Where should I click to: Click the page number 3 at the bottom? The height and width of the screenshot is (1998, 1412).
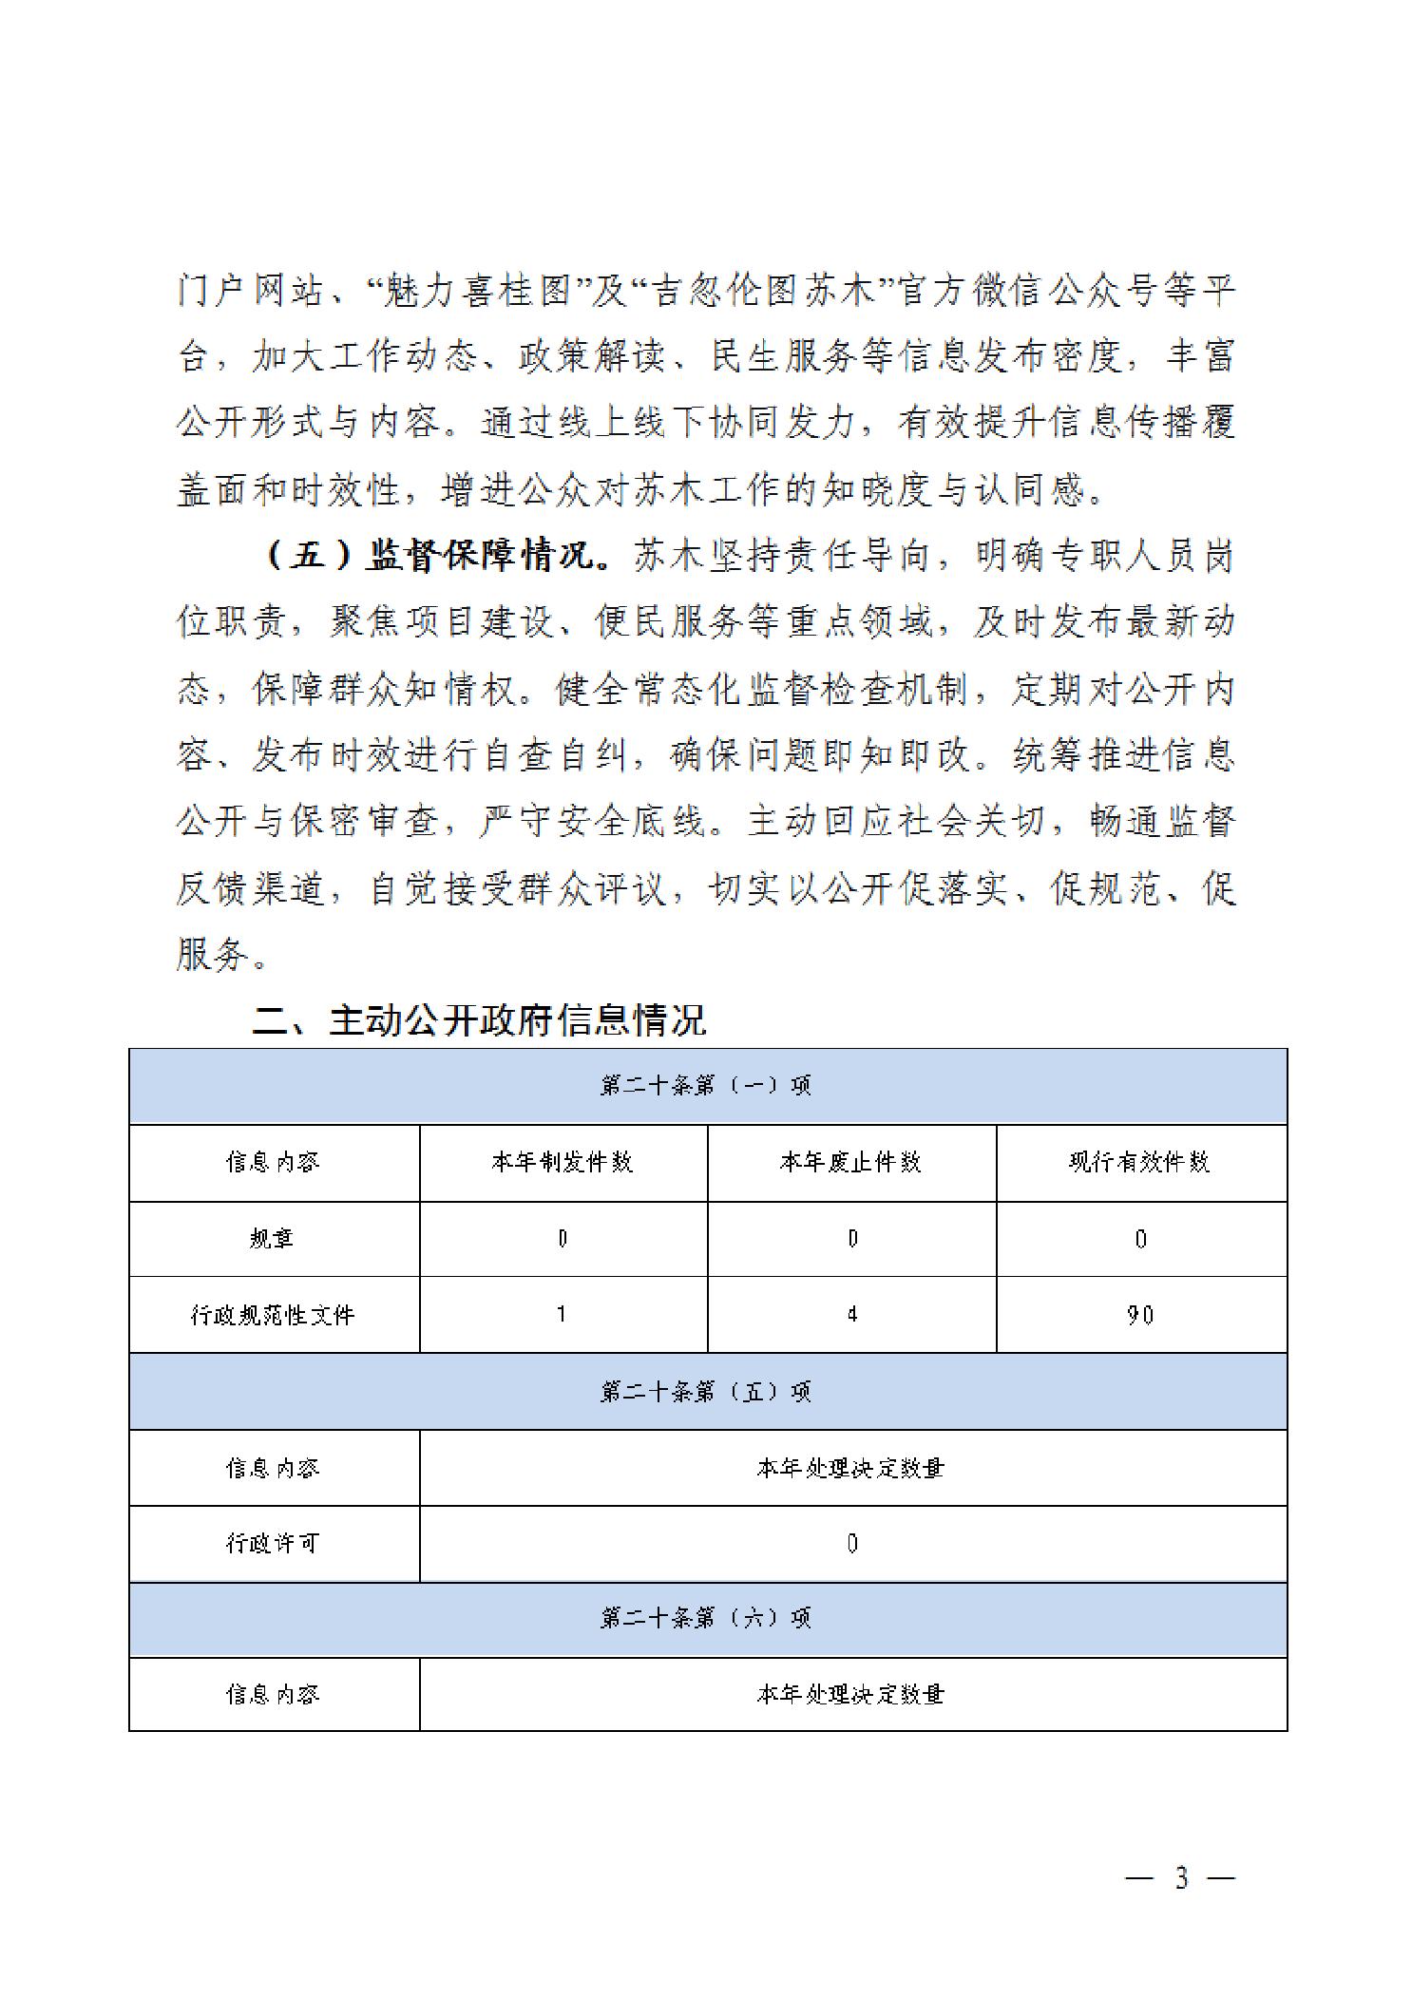[1181, 1878]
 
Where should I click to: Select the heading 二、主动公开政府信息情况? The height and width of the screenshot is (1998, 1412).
[479, 1020]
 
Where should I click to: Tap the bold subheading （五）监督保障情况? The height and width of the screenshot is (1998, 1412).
[436, 557]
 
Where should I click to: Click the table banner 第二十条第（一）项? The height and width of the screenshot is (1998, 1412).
[706, 1086]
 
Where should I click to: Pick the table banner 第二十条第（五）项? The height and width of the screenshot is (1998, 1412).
[706, 1392]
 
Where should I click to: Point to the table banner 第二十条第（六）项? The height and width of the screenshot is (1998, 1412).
[706, 1618]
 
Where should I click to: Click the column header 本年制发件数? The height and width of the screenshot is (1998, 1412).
[563, 1162]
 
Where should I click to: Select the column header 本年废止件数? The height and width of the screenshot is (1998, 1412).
[851, 1162]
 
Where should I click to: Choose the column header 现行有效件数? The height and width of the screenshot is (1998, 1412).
[1140, 1162]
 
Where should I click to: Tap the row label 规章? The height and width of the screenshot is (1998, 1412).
[273, 1239]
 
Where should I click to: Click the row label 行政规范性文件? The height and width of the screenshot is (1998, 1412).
[273, 1315]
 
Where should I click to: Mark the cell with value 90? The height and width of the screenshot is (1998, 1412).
[1140, 1315]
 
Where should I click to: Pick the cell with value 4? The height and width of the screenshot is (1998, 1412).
[852, 1315]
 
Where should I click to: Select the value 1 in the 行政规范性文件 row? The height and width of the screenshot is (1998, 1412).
[563, 1315]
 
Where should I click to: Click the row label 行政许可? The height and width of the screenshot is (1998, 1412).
[273, 1544]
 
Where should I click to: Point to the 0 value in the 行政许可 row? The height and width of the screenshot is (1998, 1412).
[852, 1544]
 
